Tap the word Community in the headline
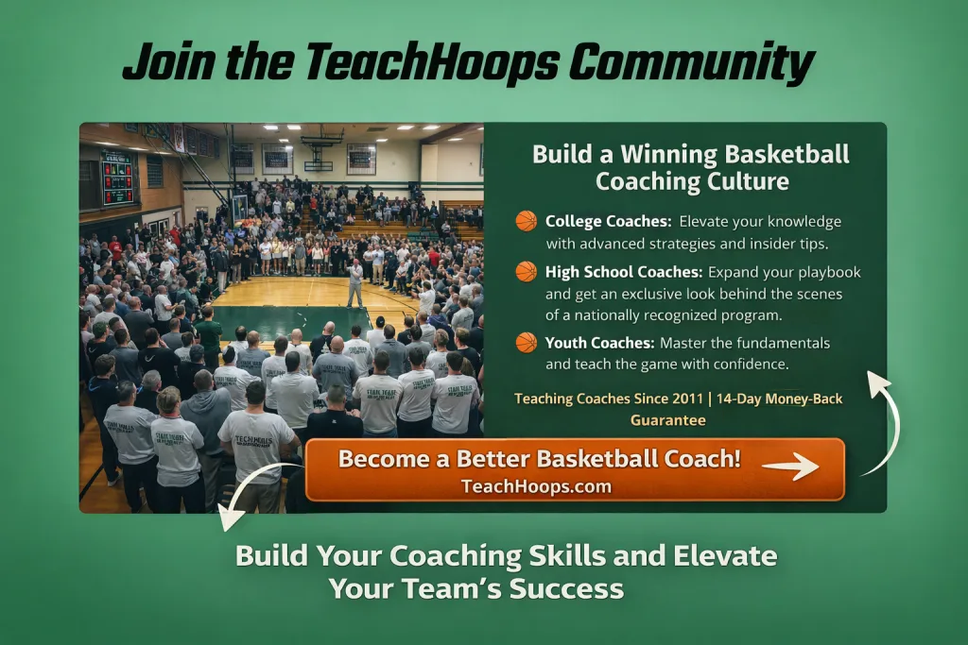pyautogui.click(x=691, y=63)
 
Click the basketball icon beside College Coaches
pyautogui.click(x=526, y=221)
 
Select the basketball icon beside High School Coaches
pyautogui.click(x=526, y=271)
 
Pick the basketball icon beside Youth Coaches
pyautogui.click(x=526, y=342)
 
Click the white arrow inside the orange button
pyautogui.click(x=790, y=467)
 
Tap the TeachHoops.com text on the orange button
pyautogui.click(x=537, y=486)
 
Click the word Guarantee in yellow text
pyautogui.click(x=668, y=420)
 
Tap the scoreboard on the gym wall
pyautogui.click(x=117, y=178)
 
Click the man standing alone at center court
pyautogui.click(x=354, y=283)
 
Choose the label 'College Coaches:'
pyautogui.click(x=608, y=221)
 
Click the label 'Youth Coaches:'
pyautogui.click(x=599, y=343)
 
